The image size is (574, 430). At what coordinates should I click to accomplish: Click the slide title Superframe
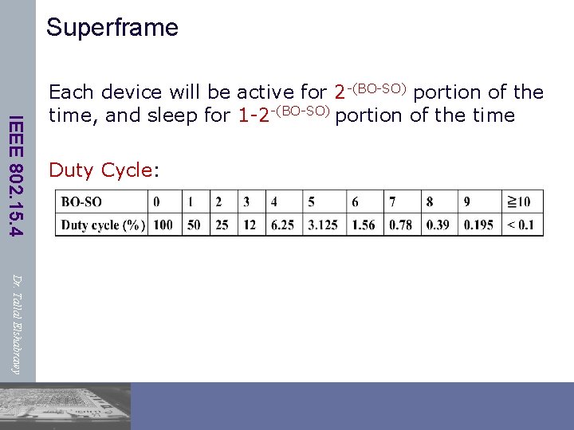(x=112, y=28)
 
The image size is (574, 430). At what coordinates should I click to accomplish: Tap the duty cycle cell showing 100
(x=163, y=225)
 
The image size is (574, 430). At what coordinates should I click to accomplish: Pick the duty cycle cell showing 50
(x=194, y=225)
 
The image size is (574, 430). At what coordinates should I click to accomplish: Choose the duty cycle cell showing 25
(x=222, y=225)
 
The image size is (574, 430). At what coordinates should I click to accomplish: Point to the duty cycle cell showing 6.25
(x=283, y=225)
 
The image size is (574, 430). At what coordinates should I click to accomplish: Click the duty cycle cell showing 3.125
(x=324, y=225)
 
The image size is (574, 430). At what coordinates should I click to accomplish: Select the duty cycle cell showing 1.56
(x=364, y=225)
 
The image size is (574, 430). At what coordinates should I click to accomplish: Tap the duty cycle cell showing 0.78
(x=402, y=225)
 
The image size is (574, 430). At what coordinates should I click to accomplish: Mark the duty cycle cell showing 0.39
(x=438, y=225)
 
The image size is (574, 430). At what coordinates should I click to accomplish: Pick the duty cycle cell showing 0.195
(x=478, y=225)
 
